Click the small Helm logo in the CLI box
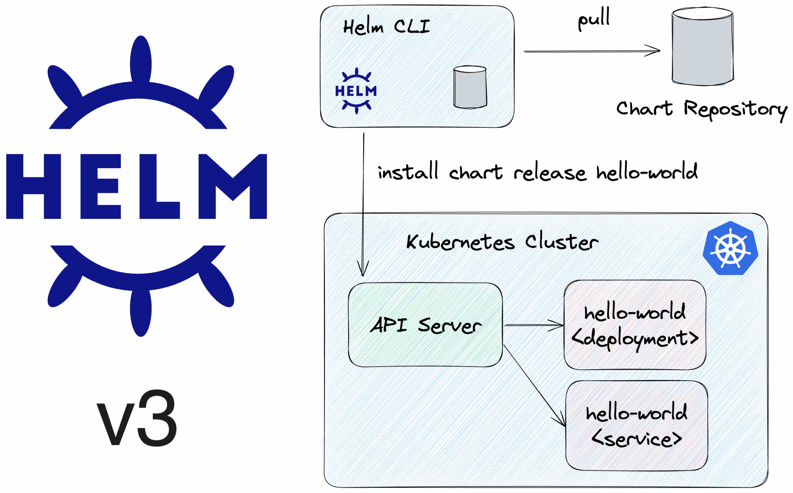click(356, 91)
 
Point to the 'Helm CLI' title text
click(386, 27)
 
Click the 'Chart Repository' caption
click(701, 110)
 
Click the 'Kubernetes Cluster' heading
click(502, 242)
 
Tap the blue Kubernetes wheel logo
click(730, 248)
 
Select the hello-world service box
click(637, 425)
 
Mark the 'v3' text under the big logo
click(137, 418)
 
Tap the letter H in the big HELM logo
click(33, 186)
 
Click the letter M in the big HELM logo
click(233, 186)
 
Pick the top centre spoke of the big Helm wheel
click(141, 59)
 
